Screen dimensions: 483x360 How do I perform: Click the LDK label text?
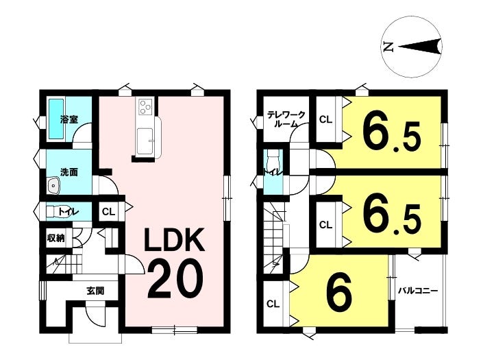tap(175, 240)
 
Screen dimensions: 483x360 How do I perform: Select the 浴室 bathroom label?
tap(69, 119)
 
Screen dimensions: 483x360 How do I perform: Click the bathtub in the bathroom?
tap(56, 119)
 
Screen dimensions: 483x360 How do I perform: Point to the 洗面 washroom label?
tap(69, 172)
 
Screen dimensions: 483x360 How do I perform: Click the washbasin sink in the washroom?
tap(53, 186)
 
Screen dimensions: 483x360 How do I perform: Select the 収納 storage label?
tap(55, 238)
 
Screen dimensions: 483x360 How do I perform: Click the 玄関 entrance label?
tap(95, 291)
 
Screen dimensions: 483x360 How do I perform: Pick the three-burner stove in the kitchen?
tap(146, 106)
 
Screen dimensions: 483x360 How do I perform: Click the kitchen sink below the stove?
tap(145, 141)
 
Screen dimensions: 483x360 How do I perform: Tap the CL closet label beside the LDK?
tap(108, 212)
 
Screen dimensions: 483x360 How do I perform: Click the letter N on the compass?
tap(388, 47)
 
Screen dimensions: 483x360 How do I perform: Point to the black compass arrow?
tap(421, 47)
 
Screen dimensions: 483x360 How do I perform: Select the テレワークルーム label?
tap(286, 119)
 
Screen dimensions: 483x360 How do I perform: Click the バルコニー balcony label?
tap(418, 291)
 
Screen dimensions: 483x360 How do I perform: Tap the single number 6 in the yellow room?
tap(339, 293)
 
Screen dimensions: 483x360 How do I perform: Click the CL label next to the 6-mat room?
tap(273, 304)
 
